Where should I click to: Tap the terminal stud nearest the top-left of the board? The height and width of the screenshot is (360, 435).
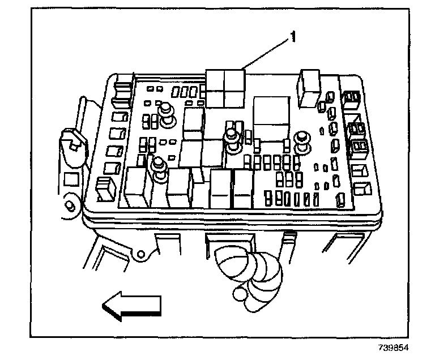pos(167,111)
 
